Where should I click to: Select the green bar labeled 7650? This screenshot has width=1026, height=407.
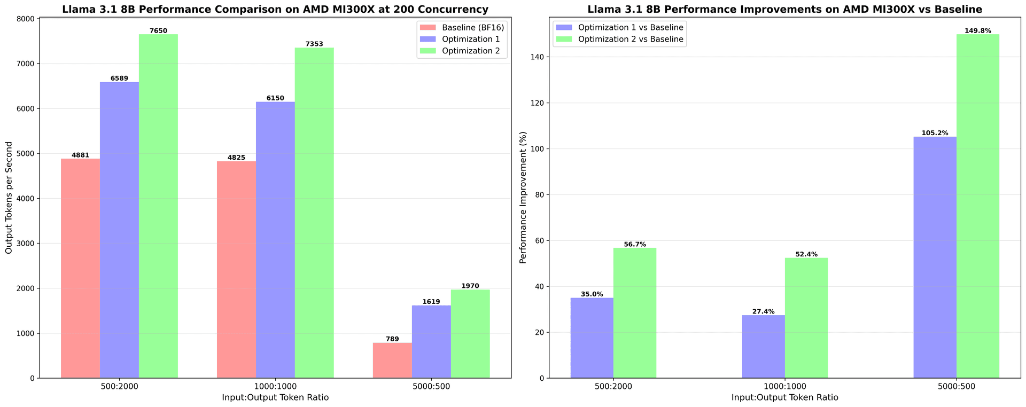tap(158, 206)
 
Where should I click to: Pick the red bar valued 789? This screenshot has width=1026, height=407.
tap(392, 361)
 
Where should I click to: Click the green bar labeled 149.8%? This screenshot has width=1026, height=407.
tap(977, 206)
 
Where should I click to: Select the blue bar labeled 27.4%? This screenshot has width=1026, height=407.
tap(763, 347)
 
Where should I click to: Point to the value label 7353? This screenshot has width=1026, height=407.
tap(314, 44)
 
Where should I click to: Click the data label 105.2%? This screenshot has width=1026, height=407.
tap(935, 133)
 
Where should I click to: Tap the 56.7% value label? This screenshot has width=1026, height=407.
tap(635, 244)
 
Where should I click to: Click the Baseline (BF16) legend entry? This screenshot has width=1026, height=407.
tap(472, 27)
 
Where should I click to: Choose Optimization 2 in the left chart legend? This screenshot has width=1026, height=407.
tap(471, 51)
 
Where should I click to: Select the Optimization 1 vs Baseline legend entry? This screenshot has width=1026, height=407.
tap(631, 27)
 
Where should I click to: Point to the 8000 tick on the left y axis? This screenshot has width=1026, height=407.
tap(26, 19)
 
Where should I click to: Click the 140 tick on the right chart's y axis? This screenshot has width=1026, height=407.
tap(534, 57)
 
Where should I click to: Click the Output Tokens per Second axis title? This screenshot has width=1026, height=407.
tap(9, 198)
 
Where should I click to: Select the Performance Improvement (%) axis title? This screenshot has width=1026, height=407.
tap(523, 198)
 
